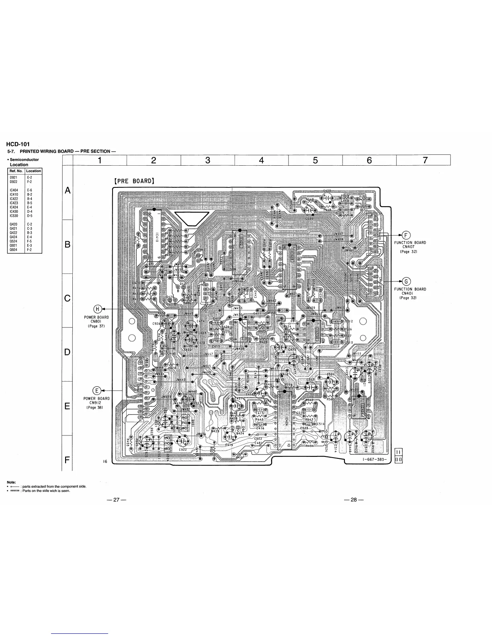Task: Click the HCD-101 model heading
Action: coord(18,144)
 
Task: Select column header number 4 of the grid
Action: coord(261,160)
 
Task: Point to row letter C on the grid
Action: coord(68,299)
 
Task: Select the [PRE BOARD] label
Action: coord(134,181)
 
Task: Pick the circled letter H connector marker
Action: coord(97,309)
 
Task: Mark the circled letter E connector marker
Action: coord(96,390)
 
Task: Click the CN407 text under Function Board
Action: coord(410,247)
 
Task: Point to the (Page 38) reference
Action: coord(95,407)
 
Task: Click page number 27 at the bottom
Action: coord(117,500)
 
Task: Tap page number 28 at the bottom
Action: coord(354,500)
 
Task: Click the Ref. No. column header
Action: coord(16,171)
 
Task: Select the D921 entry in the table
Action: coord(14,177)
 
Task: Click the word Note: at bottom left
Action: coord(11,483)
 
